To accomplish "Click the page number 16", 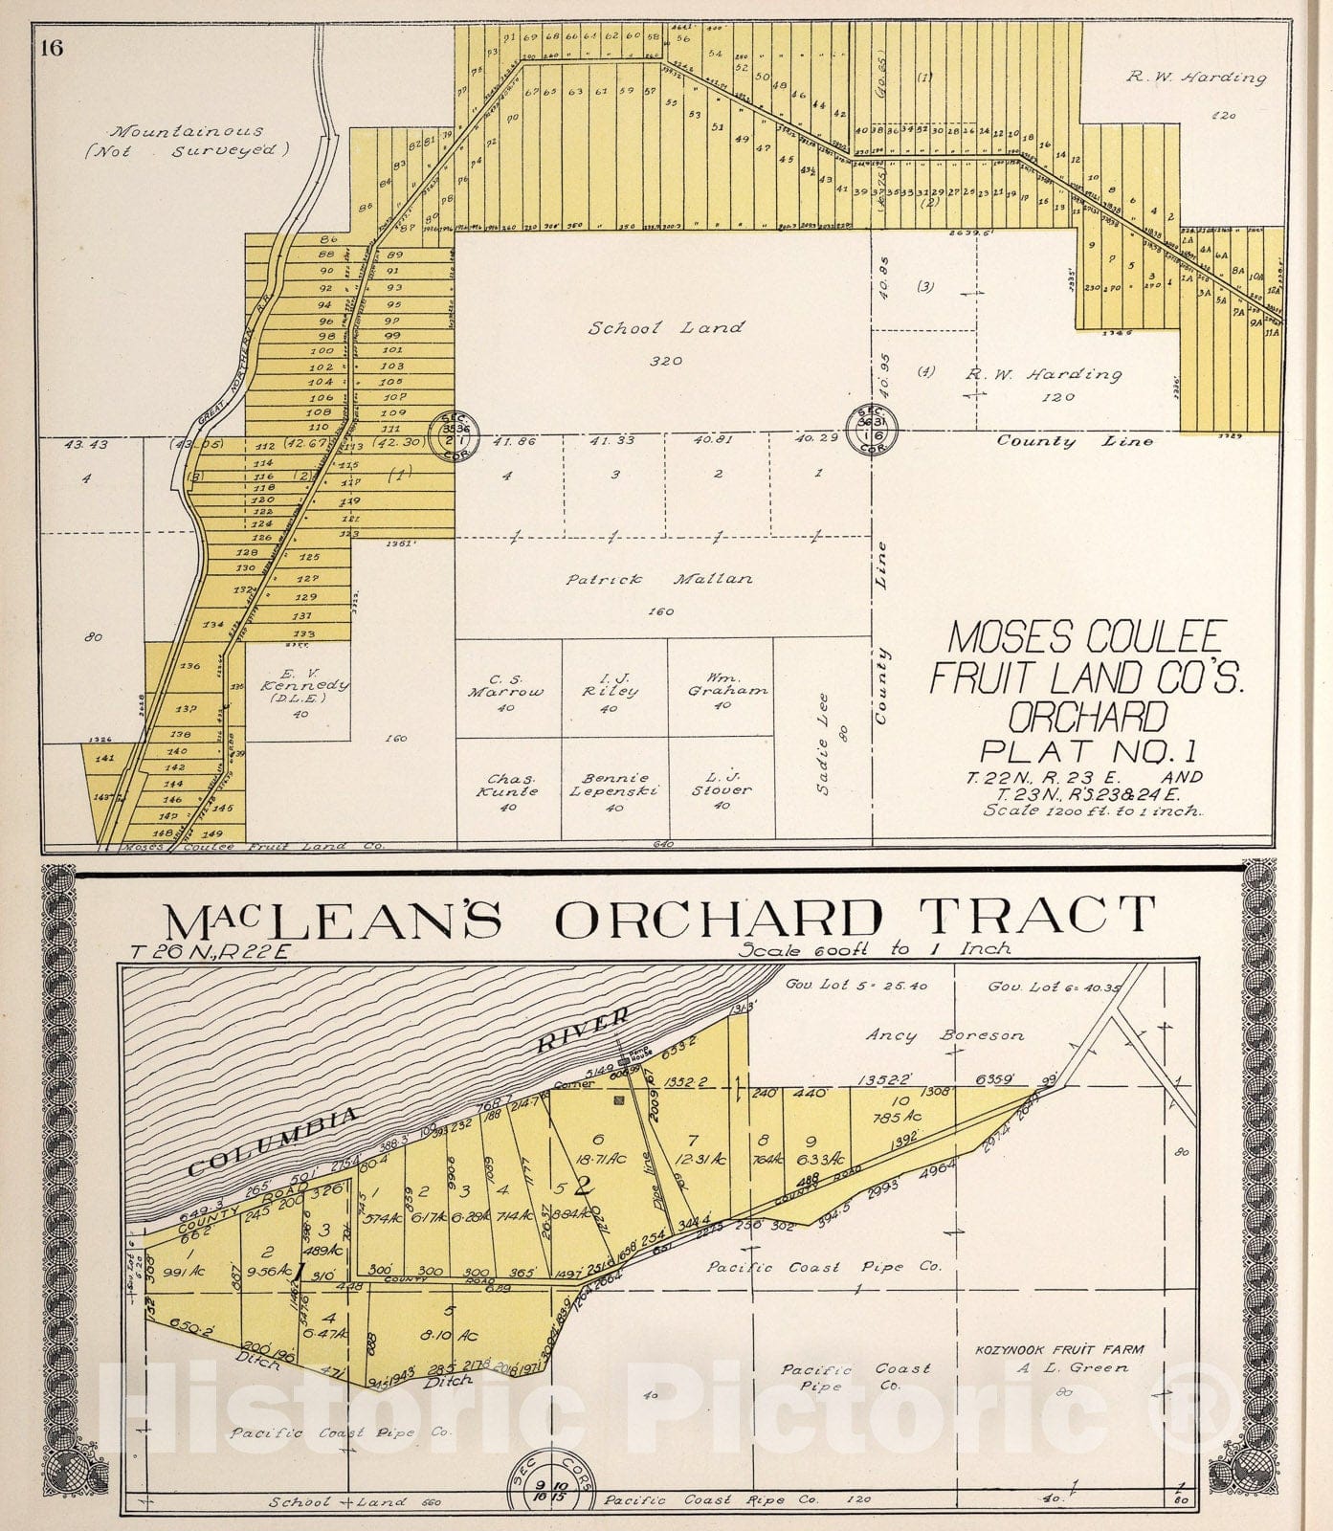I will pos(52,49).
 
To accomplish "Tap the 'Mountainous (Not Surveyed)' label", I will pos(198,140).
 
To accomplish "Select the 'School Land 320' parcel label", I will pos(666,340).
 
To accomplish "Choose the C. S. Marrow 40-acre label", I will pos(506,691).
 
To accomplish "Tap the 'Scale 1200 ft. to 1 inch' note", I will pos(1093,810).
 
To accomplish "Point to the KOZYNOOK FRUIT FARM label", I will pos(1058,1350).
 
